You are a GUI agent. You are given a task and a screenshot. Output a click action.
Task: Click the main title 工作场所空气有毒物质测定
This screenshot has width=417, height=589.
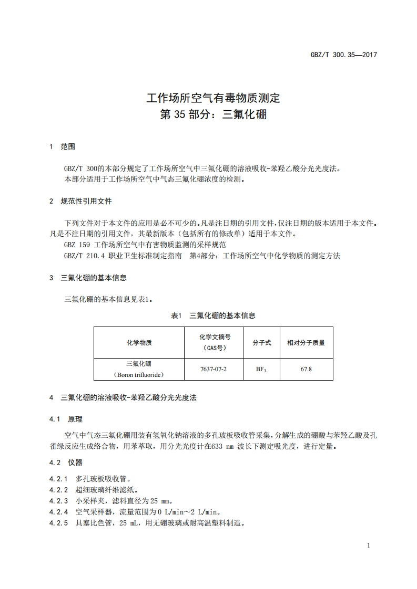click(213, 98)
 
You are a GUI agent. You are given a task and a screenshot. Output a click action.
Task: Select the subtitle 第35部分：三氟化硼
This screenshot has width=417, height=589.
click(213, 113)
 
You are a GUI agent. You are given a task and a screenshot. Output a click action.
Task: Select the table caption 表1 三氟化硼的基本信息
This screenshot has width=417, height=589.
click(213, 315)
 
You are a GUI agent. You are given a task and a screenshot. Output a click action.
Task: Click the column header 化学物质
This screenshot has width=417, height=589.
click(139, 342)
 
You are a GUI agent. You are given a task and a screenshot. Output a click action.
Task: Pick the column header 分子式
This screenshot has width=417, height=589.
click(261, 342)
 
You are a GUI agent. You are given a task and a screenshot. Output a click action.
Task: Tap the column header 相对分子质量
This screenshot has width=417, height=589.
click(306, 342)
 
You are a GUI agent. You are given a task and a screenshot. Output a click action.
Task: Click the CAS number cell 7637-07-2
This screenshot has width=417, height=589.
click(213, 369)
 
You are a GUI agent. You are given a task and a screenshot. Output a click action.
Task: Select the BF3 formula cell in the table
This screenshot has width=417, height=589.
click(261, 369)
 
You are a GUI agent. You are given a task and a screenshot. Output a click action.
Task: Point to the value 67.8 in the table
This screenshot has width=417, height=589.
click(306, 369)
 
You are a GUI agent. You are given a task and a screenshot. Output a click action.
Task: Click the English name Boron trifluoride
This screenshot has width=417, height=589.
click(139, 375)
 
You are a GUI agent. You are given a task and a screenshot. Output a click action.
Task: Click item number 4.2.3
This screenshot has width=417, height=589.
click(59, 500)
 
